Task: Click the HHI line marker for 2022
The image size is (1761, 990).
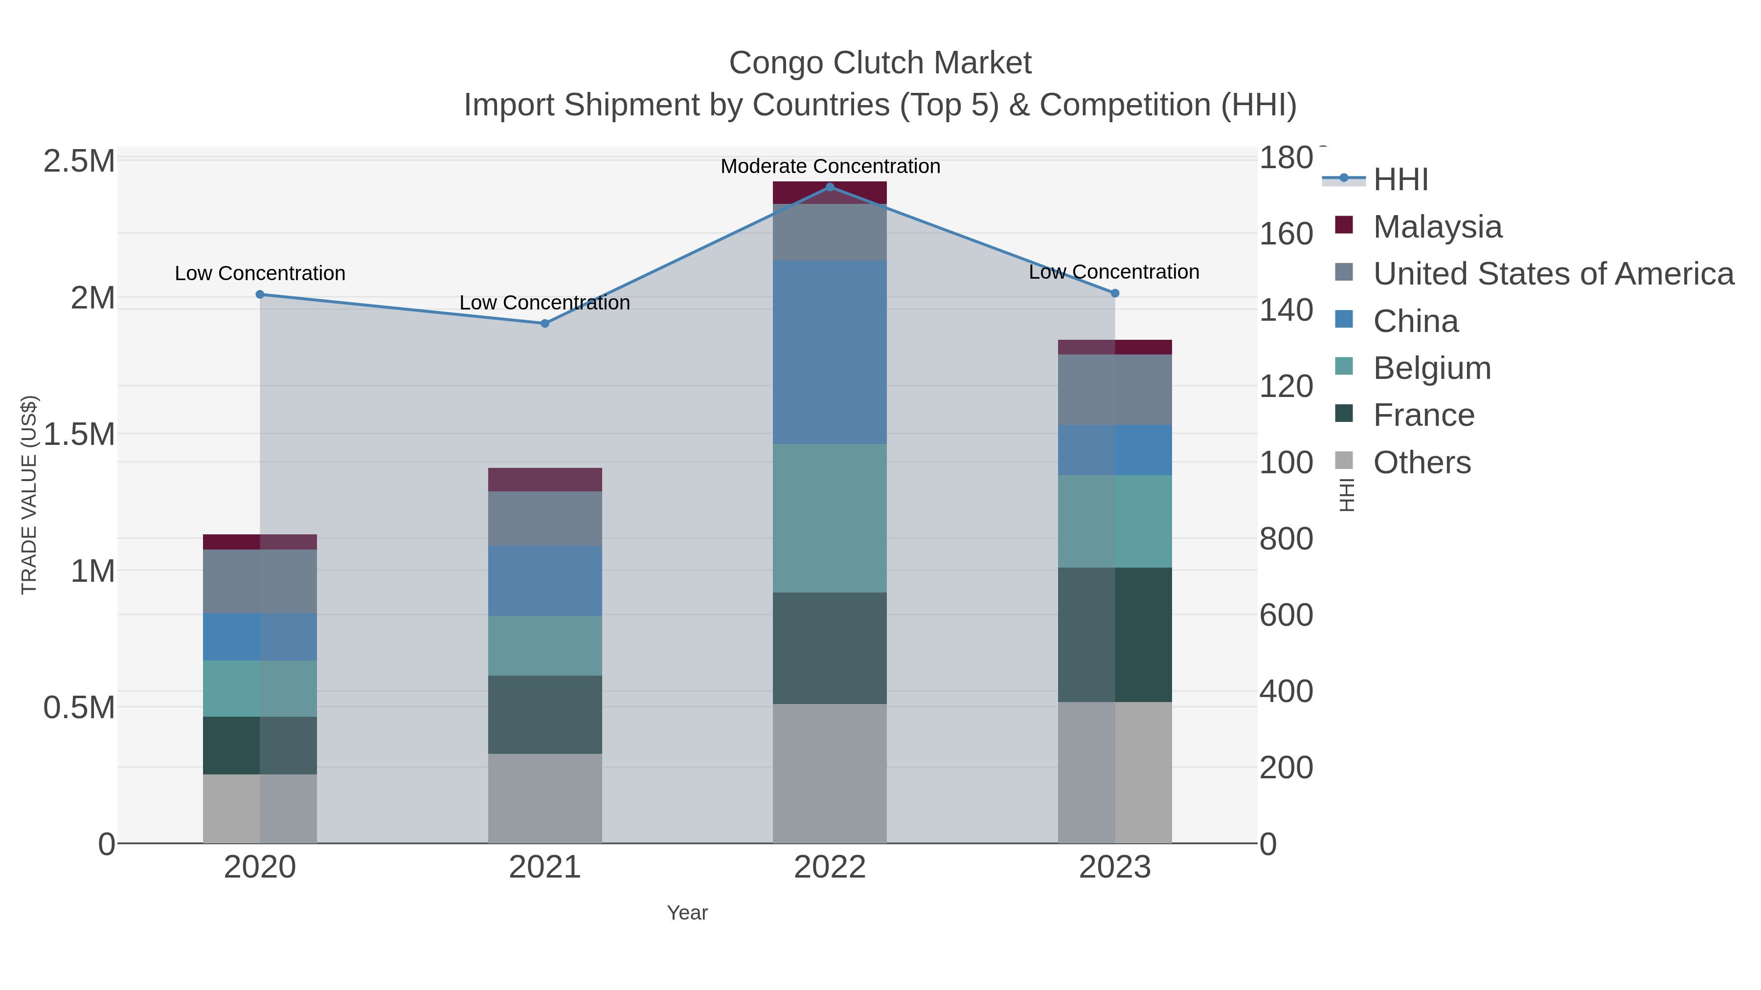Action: (830, 187)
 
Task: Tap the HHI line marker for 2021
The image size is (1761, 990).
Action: (545, 323)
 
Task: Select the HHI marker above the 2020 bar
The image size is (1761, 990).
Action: (260, 294)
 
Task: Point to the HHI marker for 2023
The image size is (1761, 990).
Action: (1115, 293)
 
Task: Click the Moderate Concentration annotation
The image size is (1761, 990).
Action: (830, 166)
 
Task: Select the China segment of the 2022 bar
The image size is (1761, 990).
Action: (830, 352)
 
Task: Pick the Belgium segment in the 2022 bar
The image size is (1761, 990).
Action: (830, 518)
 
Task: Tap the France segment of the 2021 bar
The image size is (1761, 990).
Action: (545, 715)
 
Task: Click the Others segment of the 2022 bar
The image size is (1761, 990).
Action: (830, 773)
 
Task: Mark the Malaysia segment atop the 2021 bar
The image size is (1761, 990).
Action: (545, 480)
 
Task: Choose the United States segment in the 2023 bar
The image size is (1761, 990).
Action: (1115, 390)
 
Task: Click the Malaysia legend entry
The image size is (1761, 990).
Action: (1437, 227)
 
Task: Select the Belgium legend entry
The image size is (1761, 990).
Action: (1431, 368)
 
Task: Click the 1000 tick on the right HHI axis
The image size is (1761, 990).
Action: (1285, 462)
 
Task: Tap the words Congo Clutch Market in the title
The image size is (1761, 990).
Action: (880, 63)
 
